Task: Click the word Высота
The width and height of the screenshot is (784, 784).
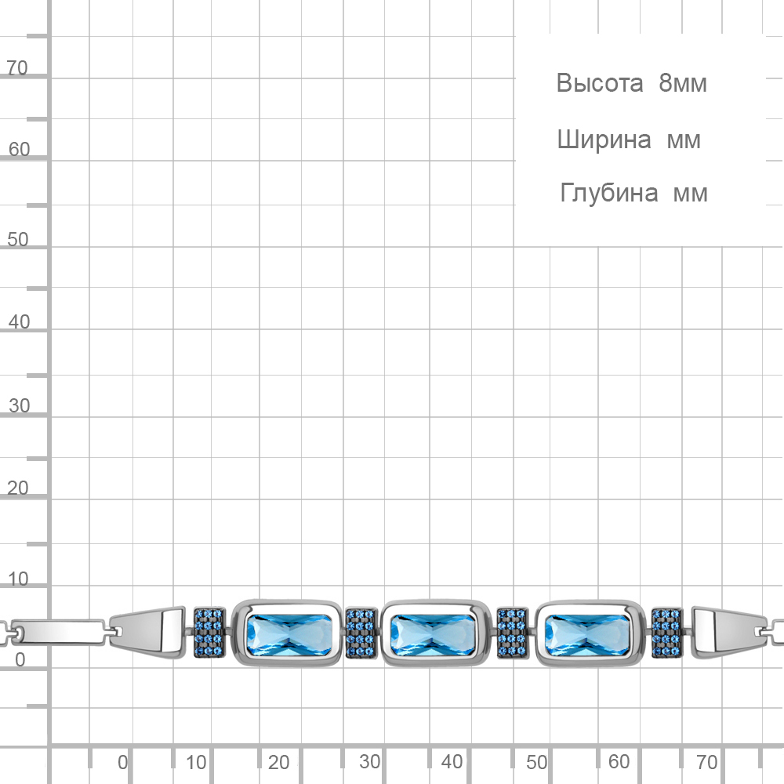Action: pos(600,83)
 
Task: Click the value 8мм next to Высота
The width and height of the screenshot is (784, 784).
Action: pos(683,83)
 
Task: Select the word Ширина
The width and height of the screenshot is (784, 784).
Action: pos(604,140)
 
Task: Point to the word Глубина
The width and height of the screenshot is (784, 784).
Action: pos(608,193)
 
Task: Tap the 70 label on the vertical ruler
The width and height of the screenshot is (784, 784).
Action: pos(17,67)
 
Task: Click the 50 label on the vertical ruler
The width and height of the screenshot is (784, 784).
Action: pos(18,239)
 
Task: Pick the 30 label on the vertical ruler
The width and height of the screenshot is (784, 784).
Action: pos(19,405)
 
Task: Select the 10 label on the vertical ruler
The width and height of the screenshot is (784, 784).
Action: pos(18,579)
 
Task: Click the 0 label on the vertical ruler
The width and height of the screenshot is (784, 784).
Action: pos(20,659)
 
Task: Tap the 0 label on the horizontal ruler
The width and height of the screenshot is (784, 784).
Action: pos(122,763)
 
